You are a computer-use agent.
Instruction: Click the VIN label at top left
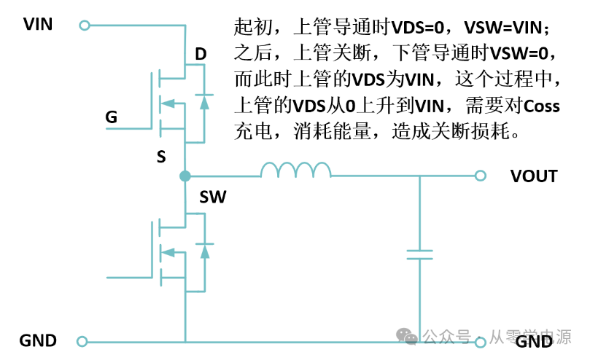[x=38, y=24]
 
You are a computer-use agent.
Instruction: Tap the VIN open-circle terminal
[x=84, y=26]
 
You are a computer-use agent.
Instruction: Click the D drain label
[x=201, y=54]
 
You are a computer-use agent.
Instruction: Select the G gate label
[x=112, y=117]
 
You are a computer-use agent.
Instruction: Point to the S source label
[x=161, y=156]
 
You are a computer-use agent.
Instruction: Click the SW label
[x=212, y=197]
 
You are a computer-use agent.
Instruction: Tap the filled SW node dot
[x=185, y=176]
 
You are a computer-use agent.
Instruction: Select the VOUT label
[x=534, y=176]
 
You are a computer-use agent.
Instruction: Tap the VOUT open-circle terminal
[x=480, y=176]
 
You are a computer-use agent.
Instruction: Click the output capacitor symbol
[x=419, y=254]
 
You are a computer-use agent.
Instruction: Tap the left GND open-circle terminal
[x=82, y=341]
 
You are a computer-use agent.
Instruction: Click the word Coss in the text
[x=542, y=106]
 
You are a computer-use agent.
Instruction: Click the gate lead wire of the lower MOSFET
[x=131, y=278]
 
